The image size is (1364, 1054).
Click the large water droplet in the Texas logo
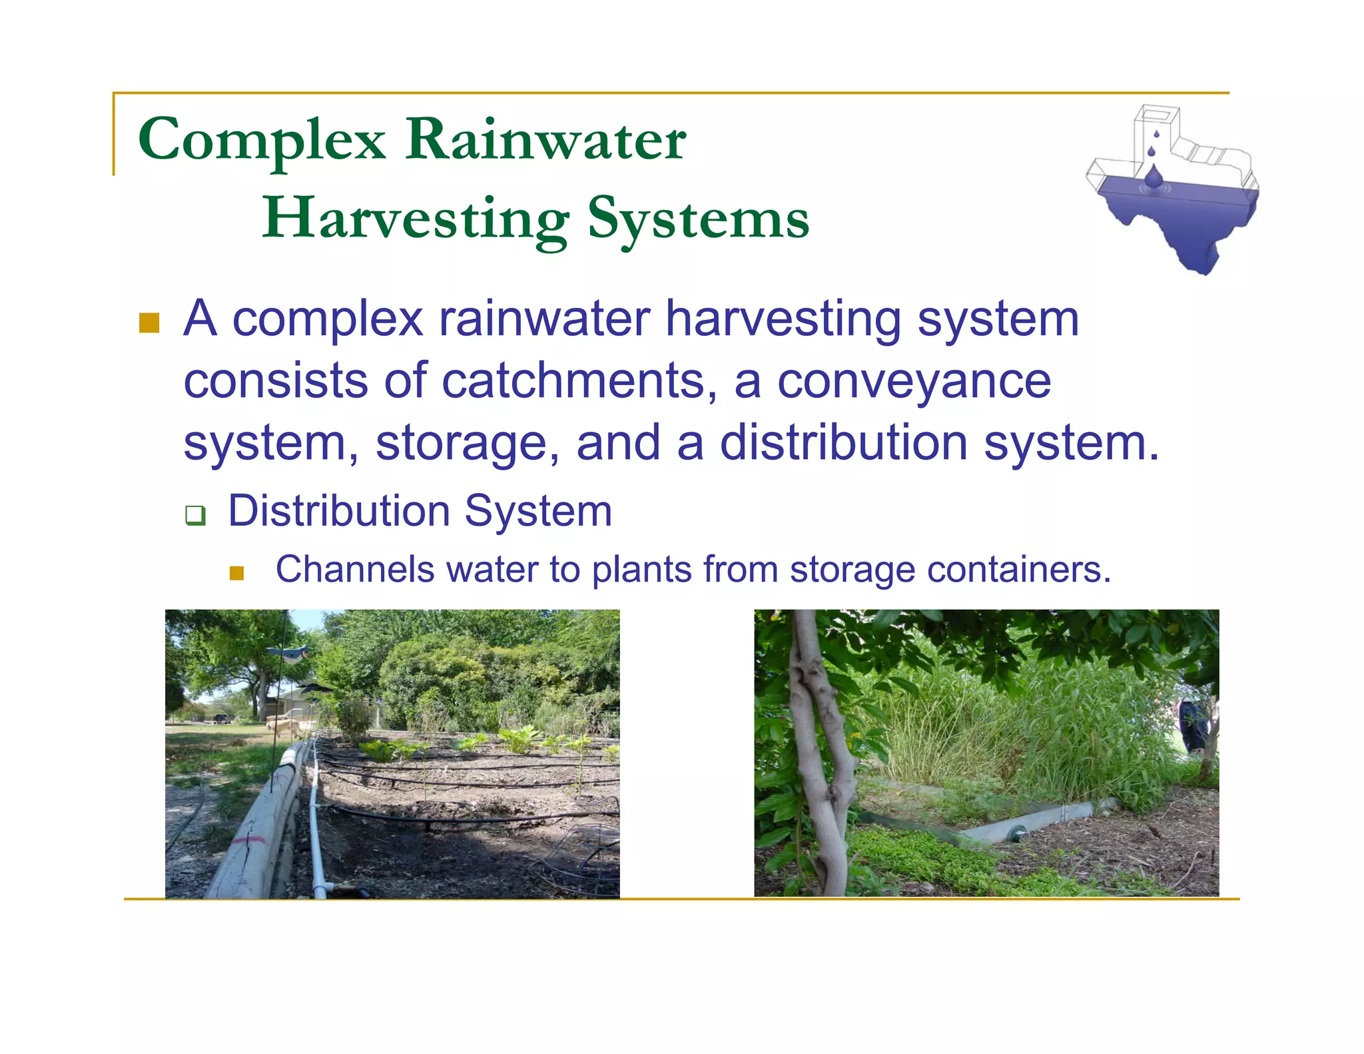tap(1153, 177)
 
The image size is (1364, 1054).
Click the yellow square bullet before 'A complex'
tap(149, 322)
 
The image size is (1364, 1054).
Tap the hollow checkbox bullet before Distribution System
tap(195, 515)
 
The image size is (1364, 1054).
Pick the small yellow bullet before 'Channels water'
tap(236, 573)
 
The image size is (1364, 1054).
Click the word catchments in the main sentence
tap(579, 381)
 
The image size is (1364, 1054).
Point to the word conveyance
tap(914, 381)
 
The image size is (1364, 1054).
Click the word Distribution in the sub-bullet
tap(340, 512)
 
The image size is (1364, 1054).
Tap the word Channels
tap(355, 570)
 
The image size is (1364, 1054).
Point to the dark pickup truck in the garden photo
tap(222, 719)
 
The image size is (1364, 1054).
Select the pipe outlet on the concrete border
tap(1017, 832)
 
